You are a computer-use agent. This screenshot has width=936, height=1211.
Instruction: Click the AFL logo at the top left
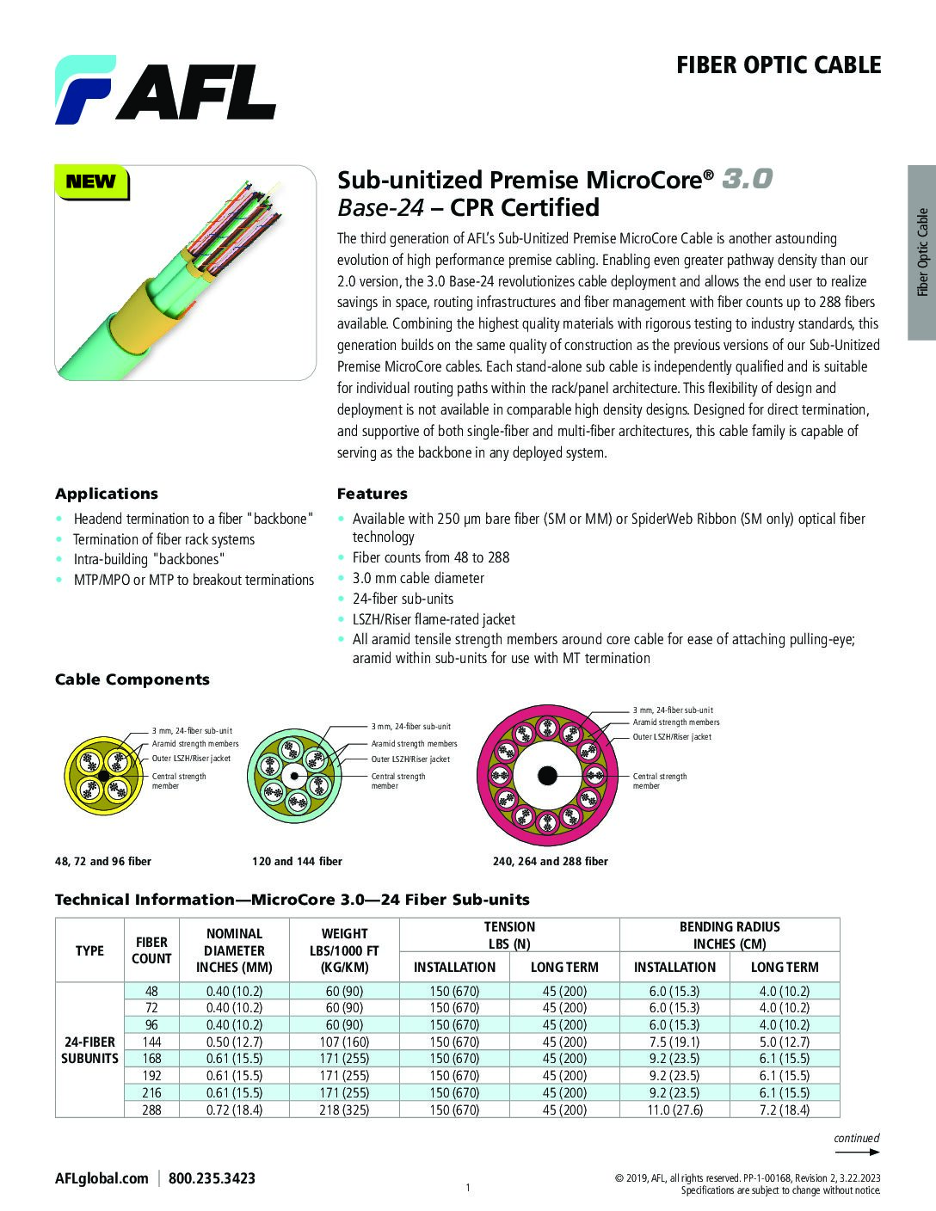click(x=165, y=89)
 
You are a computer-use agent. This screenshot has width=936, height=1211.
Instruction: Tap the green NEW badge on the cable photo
click(x=90, y=181)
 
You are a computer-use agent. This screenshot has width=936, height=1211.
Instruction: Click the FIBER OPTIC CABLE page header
click(x=778, y=65)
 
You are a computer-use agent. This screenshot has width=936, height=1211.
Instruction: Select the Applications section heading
click(x=107, y=494)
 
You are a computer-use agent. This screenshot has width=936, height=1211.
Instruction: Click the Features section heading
click(x=372, y=494)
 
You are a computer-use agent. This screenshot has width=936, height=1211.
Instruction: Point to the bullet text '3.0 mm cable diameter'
click(x=418, y=578)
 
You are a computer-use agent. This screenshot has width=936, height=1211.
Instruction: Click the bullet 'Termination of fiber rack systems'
click(x=163, y=539)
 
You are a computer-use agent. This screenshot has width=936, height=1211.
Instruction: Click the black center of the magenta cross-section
click(x=547, y=776)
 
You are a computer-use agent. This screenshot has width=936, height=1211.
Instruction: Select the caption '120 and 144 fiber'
click(x=297, y=861)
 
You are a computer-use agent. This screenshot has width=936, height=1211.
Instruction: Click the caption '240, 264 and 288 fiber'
click(x=550, y=861)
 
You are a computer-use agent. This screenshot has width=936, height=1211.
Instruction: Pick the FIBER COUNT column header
click(x=151, y=950)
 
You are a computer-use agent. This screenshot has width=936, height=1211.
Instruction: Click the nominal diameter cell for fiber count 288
click(x=234, y=1110)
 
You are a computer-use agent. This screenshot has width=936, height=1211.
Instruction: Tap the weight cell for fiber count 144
click(x=344, y=1042)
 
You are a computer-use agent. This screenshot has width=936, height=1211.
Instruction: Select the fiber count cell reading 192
click(x=151, y=1075)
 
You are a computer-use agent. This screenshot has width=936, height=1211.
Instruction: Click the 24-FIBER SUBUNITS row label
click(x=89, y=1050)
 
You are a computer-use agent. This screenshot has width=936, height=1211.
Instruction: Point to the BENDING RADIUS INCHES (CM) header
click(x=730, y=935)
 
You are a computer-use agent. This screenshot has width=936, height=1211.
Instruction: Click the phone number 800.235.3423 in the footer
click(x=212, y=1178)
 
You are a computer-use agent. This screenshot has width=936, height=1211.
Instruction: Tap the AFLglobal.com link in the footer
click(x=102, y=1178)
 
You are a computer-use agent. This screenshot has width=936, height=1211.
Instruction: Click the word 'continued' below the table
click(x=856, y=1138)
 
